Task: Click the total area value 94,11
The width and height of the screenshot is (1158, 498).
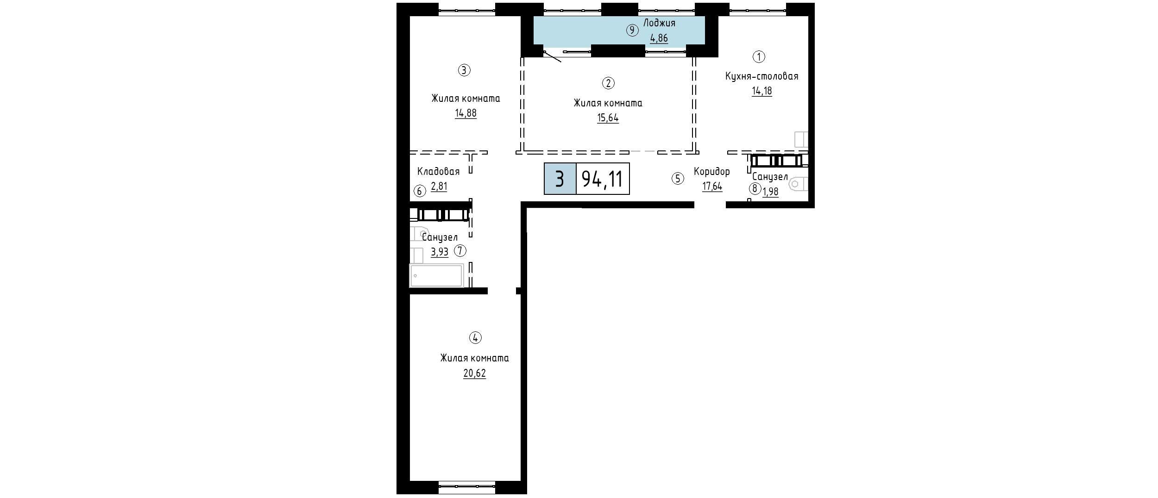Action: coord(602,179)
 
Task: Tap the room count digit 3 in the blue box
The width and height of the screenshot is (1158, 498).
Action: coord(560,179)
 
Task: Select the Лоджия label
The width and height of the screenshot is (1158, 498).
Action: coord(659,23)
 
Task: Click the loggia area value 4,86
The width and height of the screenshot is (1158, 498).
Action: coord(659,38)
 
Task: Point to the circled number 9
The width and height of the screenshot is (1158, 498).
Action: coord(632,31)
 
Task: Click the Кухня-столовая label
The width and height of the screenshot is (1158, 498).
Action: coord(762,76)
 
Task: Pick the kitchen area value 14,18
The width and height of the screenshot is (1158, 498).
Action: coord(762,91)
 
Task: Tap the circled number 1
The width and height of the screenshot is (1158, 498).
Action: coord(759,57)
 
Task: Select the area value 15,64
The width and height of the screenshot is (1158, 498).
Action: coord(608,118)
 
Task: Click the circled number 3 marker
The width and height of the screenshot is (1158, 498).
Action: coord(464,70)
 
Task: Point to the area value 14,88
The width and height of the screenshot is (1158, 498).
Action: coord(466,113)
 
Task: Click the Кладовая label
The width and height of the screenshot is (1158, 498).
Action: coord(438,172)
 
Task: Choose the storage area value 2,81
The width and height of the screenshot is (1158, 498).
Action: coord(439,187)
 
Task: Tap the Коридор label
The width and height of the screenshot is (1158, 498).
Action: coord(711,172)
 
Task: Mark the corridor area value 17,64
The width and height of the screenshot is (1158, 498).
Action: coord(712,187)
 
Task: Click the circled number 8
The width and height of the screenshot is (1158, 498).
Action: coord(755,189)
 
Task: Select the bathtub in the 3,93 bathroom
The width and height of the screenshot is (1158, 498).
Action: coord(436,275)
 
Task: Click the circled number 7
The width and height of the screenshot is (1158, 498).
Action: coord(460,251)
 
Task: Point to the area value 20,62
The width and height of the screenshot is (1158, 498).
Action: coord(475,373)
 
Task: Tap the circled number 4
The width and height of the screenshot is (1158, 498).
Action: coord(475,338)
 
